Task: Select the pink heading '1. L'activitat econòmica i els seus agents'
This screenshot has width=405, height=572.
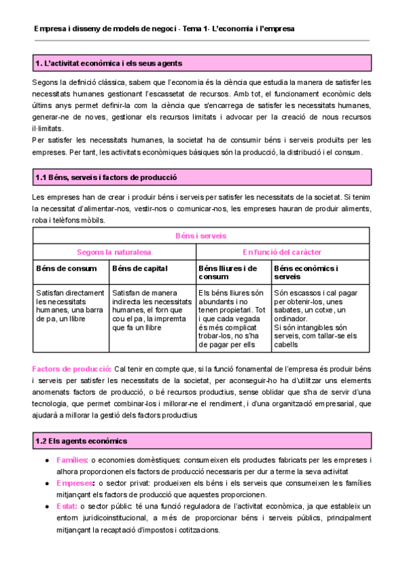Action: tap(108, 63)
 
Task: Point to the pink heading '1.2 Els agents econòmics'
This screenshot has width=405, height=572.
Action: tap(81, 440)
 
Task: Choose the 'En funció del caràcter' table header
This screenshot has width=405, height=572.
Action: tap(282, 252)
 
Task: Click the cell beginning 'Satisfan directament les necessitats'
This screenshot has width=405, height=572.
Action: tap(70, 306)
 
